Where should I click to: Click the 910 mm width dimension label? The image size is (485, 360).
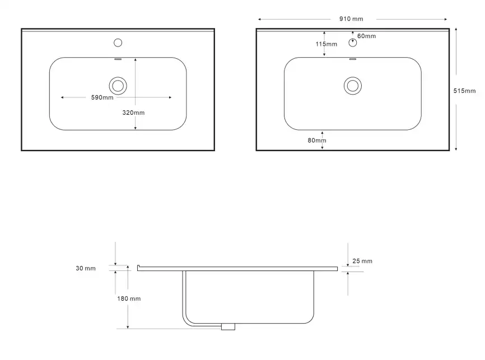coord(351,19)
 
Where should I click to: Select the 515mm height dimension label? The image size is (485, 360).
coord(464,91)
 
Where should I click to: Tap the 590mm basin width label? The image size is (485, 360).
coord(102,97)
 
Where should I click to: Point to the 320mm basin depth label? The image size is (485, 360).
coord(133,113)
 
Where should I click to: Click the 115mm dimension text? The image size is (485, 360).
coord(327,44)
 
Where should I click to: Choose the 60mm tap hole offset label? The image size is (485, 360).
coord(366,36)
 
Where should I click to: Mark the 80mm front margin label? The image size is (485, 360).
coord(317,141)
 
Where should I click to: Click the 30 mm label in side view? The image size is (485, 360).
coord(86,268)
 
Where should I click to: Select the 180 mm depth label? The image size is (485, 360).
coord(129,299)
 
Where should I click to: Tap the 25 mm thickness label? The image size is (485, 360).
coord(362,261)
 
